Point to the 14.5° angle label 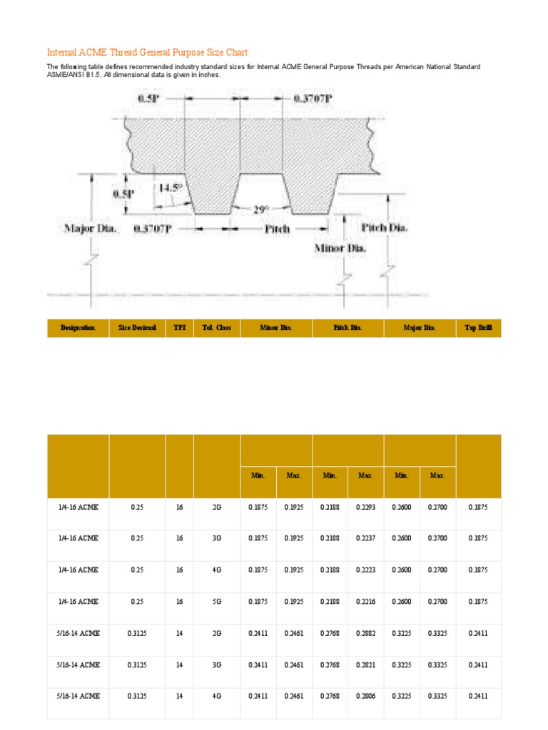pos(171,188)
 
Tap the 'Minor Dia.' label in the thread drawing pos(340,248)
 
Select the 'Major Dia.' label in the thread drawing pos(90,229)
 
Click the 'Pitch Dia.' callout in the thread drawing pos(385,227)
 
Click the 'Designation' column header pos(78,328)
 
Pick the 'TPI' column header pos(179,328)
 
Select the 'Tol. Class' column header pos(217,328)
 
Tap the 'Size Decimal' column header pos(137,328)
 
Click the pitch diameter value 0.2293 pos(366,507)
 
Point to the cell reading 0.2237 pos(366,538)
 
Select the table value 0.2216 pos(366,601)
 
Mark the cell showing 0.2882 pos(366,632)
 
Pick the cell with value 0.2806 pos(366,695)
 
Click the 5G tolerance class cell pos(217,601)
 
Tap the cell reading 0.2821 pos(366,664)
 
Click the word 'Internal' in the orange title pos(64,53)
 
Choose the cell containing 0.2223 pos(366,570)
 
